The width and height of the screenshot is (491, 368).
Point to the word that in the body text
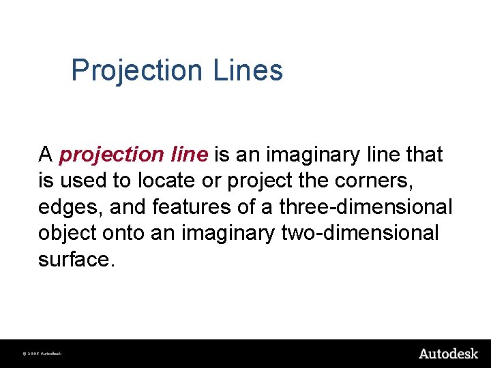click(x=423, y=155)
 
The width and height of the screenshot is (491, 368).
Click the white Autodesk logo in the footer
click(x=448, y=353)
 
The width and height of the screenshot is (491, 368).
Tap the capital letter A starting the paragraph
click(x=46, y=155)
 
